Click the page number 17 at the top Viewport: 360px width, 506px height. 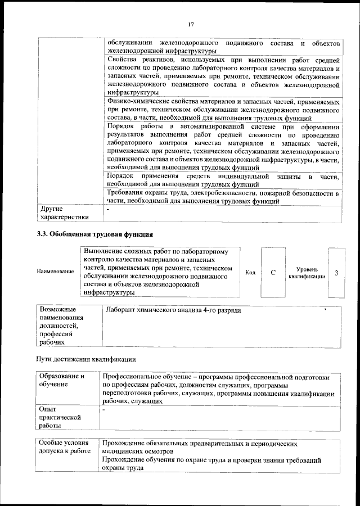191,24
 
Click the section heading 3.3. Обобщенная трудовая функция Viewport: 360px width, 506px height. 95,234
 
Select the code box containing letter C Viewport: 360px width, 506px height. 273,273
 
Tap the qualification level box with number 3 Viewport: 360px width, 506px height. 336,273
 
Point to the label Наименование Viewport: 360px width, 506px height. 55,272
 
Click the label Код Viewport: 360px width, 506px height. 250,273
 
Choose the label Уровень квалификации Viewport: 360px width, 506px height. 307,273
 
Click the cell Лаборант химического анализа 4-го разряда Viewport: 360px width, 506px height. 174,310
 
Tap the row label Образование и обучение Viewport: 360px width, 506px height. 61,379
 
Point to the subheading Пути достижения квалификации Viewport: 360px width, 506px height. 85,359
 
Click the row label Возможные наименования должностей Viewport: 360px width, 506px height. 61,326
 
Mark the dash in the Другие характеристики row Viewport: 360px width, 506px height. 108,209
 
